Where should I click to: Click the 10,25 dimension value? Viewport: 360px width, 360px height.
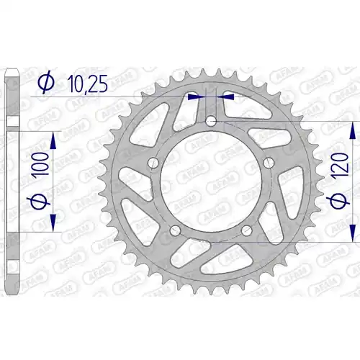click(88, 84)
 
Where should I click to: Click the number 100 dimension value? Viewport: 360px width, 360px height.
click(41, 166)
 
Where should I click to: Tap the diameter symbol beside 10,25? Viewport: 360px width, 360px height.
click(47, 84)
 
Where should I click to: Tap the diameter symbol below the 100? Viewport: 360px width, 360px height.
click(40, 202)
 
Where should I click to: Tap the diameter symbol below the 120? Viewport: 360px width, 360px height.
click(338, 200)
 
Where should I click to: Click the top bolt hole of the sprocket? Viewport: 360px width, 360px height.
click(211, 120)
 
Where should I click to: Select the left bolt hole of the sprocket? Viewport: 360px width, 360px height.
click(153, 163)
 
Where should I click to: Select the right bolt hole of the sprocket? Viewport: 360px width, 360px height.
click(269, 163)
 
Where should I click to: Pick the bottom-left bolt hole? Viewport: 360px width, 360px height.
click(175, 230)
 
